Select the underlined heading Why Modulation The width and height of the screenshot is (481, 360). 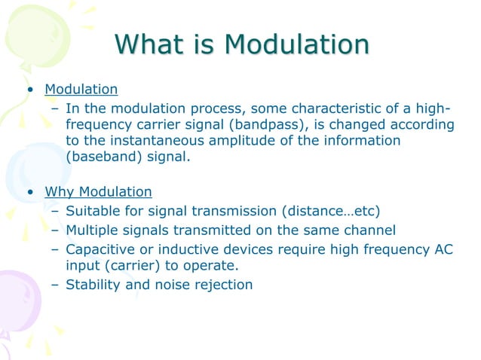pyautogui.click(x=98, y=191)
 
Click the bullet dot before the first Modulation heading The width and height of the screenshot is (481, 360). pyautogui.click(x=29, y=90)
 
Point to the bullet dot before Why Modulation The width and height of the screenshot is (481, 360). pyautogui.click(x=29, y=192)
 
